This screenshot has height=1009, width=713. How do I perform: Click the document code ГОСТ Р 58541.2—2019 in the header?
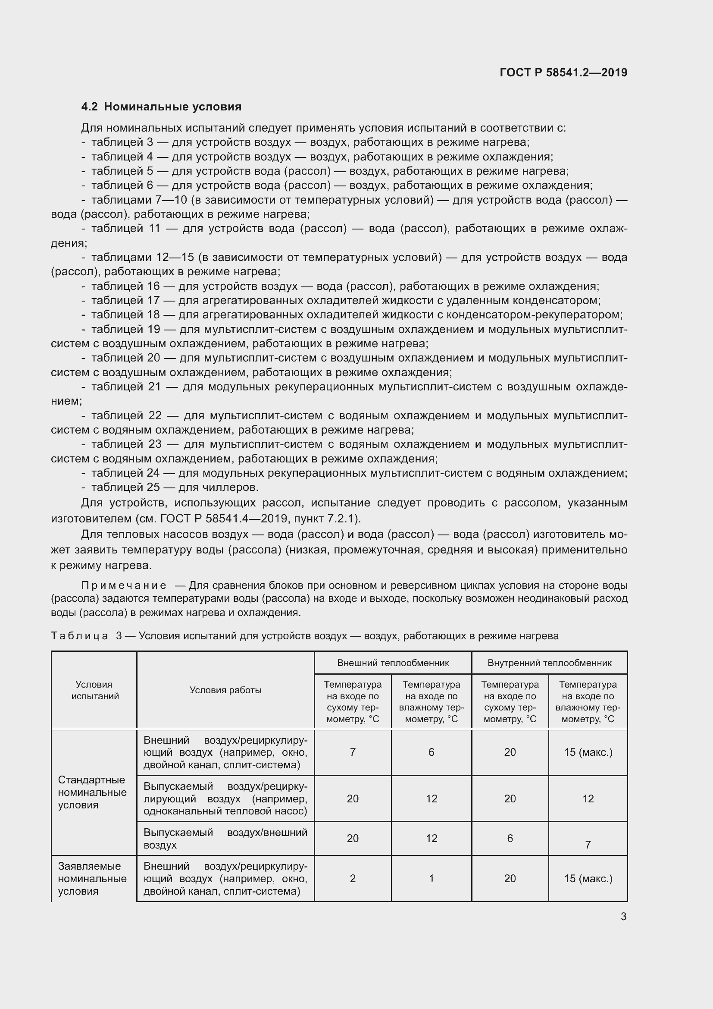(x=563, y=72)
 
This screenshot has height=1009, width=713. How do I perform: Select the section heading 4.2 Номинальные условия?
(x=162, y=107)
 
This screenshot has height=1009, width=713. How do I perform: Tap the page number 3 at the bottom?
(x=623, y=916)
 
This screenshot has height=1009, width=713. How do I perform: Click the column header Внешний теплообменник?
(x=393, y=663)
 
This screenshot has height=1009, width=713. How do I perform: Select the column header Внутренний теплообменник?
(x=549, y=663)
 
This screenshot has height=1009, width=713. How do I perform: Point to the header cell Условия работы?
(x=225, y=690)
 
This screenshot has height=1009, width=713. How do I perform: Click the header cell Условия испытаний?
(x=94, y=690)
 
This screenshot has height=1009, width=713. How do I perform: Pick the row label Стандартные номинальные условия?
(x=92, y=792)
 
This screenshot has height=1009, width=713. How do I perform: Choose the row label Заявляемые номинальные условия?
(x=92, y=878)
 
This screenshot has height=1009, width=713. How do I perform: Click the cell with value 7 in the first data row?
(x=353, y=752)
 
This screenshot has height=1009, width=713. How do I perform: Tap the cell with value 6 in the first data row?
(x=431, y=752)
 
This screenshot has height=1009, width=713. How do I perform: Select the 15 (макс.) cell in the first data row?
(x=588, y=752)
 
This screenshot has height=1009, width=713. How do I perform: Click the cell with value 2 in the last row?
(x=353, y=878)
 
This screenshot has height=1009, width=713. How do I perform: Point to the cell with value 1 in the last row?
(x=431, y=878)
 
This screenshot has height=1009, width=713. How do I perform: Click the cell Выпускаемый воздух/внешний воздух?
(x=225, y=839)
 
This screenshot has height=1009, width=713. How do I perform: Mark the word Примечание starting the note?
(x=124, y=585)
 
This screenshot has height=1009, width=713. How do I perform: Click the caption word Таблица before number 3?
(x=79, y=636)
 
